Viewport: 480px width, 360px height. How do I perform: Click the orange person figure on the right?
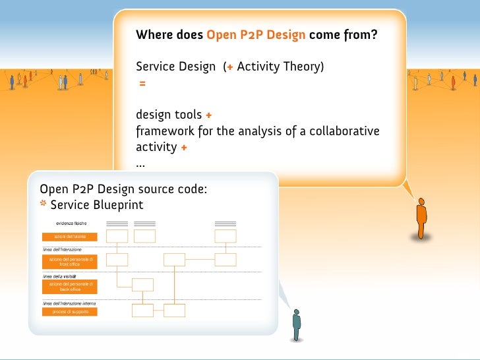421,218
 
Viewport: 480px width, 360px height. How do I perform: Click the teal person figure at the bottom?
297,324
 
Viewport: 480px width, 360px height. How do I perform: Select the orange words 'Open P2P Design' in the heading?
256,35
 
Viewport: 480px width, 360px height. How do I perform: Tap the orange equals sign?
142,84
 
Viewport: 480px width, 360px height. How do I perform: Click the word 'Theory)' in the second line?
303,67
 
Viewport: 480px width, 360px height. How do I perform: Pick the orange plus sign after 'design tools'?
208,115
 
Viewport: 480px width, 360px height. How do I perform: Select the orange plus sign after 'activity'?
183,148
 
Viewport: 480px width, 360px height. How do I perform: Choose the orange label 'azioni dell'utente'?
69,237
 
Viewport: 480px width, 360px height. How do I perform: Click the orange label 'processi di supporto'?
69,311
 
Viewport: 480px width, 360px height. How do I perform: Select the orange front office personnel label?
69,262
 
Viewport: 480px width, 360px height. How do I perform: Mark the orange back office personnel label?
69,286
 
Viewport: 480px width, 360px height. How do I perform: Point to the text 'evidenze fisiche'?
71,224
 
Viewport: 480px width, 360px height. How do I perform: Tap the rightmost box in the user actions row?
225,236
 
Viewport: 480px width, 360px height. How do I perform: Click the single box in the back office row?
143,285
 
